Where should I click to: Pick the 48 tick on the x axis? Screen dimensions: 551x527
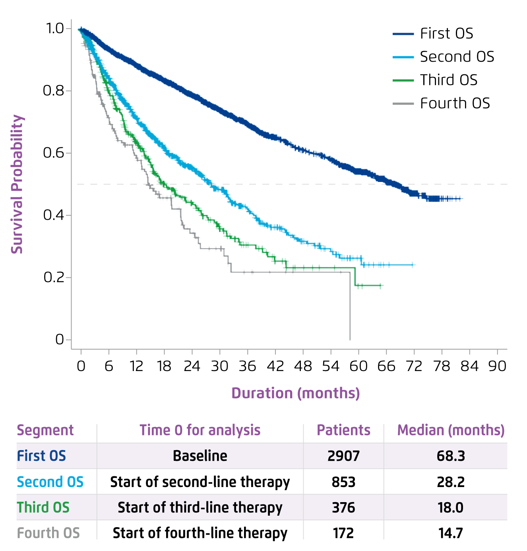303,366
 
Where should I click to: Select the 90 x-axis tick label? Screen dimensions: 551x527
497,366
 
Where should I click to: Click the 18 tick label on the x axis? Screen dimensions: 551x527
164,366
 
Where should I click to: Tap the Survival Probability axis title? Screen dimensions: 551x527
17,184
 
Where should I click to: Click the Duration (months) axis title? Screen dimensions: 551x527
296,393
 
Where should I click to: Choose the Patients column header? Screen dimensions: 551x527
343,430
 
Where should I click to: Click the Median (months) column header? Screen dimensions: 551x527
451,430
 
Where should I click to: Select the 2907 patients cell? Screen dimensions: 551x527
343,456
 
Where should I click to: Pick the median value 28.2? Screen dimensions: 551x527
451,482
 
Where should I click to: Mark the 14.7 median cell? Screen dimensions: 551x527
451,533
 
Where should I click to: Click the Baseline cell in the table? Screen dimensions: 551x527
200,456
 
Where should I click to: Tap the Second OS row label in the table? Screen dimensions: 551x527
50,482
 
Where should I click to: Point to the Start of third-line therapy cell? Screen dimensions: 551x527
200,508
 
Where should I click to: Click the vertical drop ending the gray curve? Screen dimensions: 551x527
350,306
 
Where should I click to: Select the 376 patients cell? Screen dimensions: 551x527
343,508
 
